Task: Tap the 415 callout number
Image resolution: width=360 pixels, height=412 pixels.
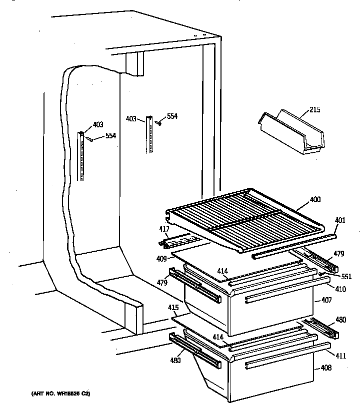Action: [x=173, y=308]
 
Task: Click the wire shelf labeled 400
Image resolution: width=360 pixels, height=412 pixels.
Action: [x=240, y=215]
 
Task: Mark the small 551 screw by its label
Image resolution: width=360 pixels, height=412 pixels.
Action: [x=322, y=274]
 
